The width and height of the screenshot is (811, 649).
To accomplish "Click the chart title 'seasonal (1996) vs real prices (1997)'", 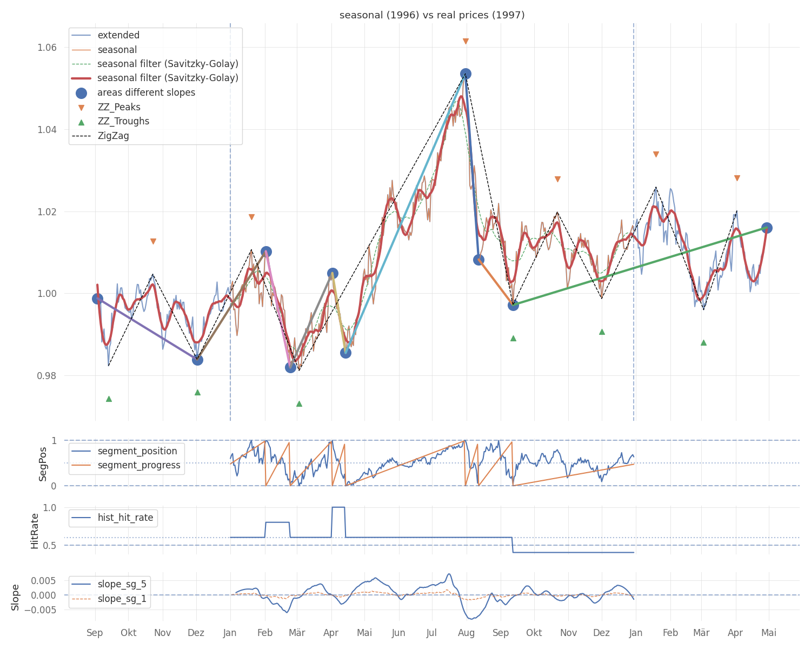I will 432,15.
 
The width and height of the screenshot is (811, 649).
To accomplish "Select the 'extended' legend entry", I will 118,35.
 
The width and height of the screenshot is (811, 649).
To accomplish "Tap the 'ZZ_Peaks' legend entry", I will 119,107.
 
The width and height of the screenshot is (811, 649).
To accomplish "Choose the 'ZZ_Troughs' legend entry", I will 123,121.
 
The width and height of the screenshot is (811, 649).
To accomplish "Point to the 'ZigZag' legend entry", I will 113,136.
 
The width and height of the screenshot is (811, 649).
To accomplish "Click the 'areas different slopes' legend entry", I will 146,92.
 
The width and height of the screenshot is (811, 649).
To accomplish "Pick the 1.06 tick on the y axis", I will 48,48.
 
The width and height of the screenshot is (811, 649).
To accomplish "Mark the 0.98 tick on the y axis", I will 48,376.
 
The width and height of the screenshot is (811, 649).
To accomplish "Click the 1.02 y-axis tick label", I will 48,211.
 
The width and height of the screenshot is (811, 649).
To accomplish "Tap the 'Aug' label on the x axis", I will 467,633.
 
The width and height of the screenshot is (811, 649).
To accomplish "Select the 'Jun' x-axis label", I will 398,633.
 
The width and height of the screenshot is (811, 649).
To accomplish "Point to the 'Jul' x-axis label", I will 432,633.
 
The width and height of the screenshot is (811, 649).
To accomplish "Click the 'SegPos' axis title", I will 43,463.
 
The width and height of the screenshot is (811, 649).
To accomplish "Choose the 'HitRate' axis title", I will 35,531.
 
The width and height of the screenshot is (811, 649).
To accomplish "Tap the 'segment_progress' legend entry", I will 139,466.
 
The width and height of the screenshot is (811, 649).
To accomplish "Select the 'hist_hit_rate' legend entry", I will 125,518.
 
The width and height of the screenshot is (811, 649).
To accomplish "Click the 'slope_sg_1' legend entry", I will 122,599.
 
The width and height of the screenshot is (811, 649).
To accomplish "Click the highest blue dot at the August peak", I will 466,74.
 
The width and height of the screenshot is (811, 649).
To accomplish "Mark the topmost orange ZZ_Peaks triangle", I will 466,42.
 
